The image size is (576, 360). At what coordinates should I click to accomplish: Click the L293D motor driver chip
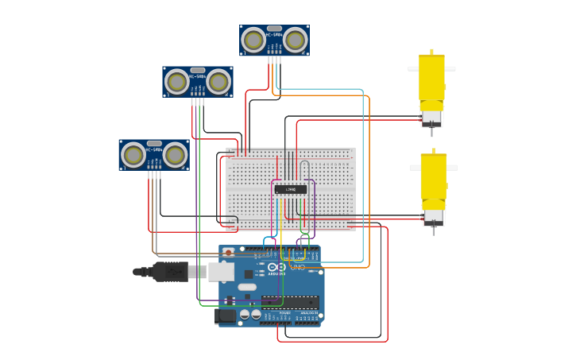pyautogui.click(x=291, y=189)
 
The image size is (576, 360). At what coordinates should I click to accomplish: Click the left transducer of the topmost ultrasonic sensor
pyautogui.click(x=253, y=40)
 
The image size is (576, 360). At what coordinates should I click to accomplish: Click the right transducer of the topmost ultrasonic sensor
pyautogui.click(x=295, y=40)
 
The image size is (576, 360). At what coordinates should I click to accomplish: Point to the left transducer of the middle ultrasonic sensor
pyautogui.click(x=176, y=82)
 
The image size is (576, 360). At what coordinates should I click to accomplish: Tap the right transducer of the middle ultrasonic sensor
pyautogui.click(x=218, y=82)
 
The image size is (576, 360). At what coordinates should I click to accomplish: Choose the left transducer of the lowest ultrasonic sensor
pyautogui.click(x=133, y=155)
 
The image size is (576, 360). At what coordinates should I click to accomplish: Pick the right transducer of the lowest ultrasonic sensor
pyautogui.click(x=175, y=155)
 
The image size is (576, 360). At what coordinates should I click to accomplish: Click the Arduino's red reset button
pyautogui.click(x=229, y=253)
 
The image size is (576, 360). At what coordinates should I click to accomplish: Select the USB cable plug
pyautogui.click(x=170, y=272)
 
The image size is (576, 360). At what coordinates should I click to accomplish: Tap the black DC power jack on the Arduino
pyautogui.click(x=226, y=315)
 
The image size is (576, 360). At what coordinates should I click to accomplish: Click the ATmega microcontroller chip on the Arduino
pyautogui.click(x=290, y=301)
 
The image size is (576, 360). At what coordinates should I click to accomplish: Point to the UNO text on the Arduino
pyautogui.click(x=297, y=268)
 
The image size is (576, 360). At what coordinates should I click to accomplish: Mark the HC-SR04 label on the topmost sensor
pyautogui.click(x=274, y=35)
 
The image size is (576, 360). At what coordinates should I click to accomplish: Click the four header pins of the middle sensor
pyautogui.click(x=197, y=100)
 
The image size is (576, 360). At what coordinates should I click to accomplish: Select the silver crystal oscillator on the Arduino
pyautogui.click(x=246, y=287)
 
